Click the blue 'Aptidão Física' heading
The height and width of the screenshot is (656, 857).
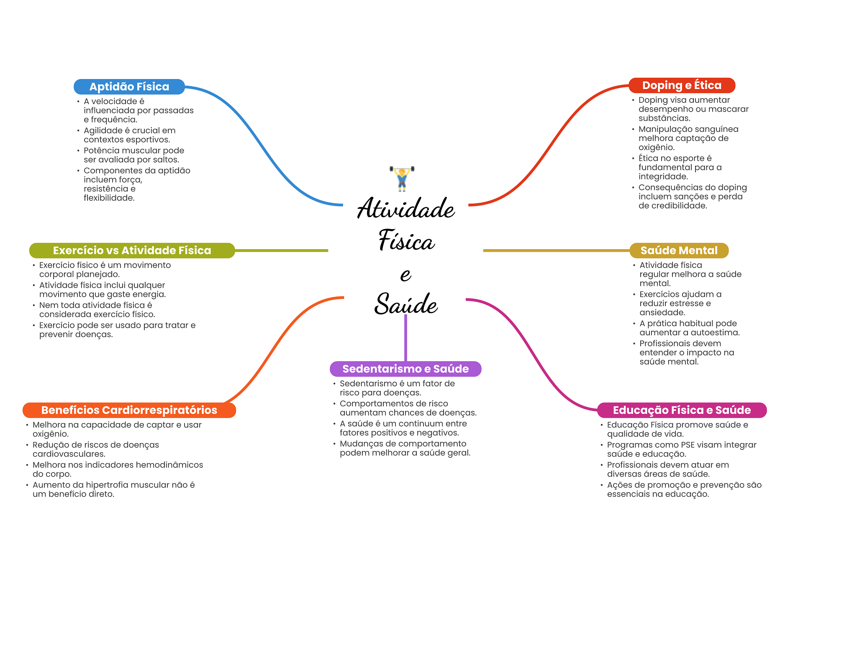129,87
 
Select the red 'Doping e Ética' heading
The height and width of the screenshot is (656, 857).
682,85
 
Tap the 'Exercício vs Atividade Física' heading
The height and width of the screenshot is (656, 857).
132,250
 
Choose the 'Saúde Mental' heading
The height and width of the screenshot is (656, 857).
679,250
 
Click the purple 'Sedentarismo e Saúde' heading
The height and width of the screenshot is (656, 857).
405,369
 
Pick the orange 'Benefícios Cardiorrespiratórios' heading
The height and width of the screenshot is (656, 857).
129,410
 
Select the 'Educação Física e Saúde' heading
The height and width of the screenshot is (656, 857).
682,410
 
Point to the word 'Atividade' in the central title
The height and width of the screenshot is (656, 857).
406,209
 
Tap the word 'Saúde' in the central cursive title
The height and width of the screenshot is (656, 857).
406,304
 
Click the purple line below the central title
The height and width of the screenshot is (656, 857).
405,339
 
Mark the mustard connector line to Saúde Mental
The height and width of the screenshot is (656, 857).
557,250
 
